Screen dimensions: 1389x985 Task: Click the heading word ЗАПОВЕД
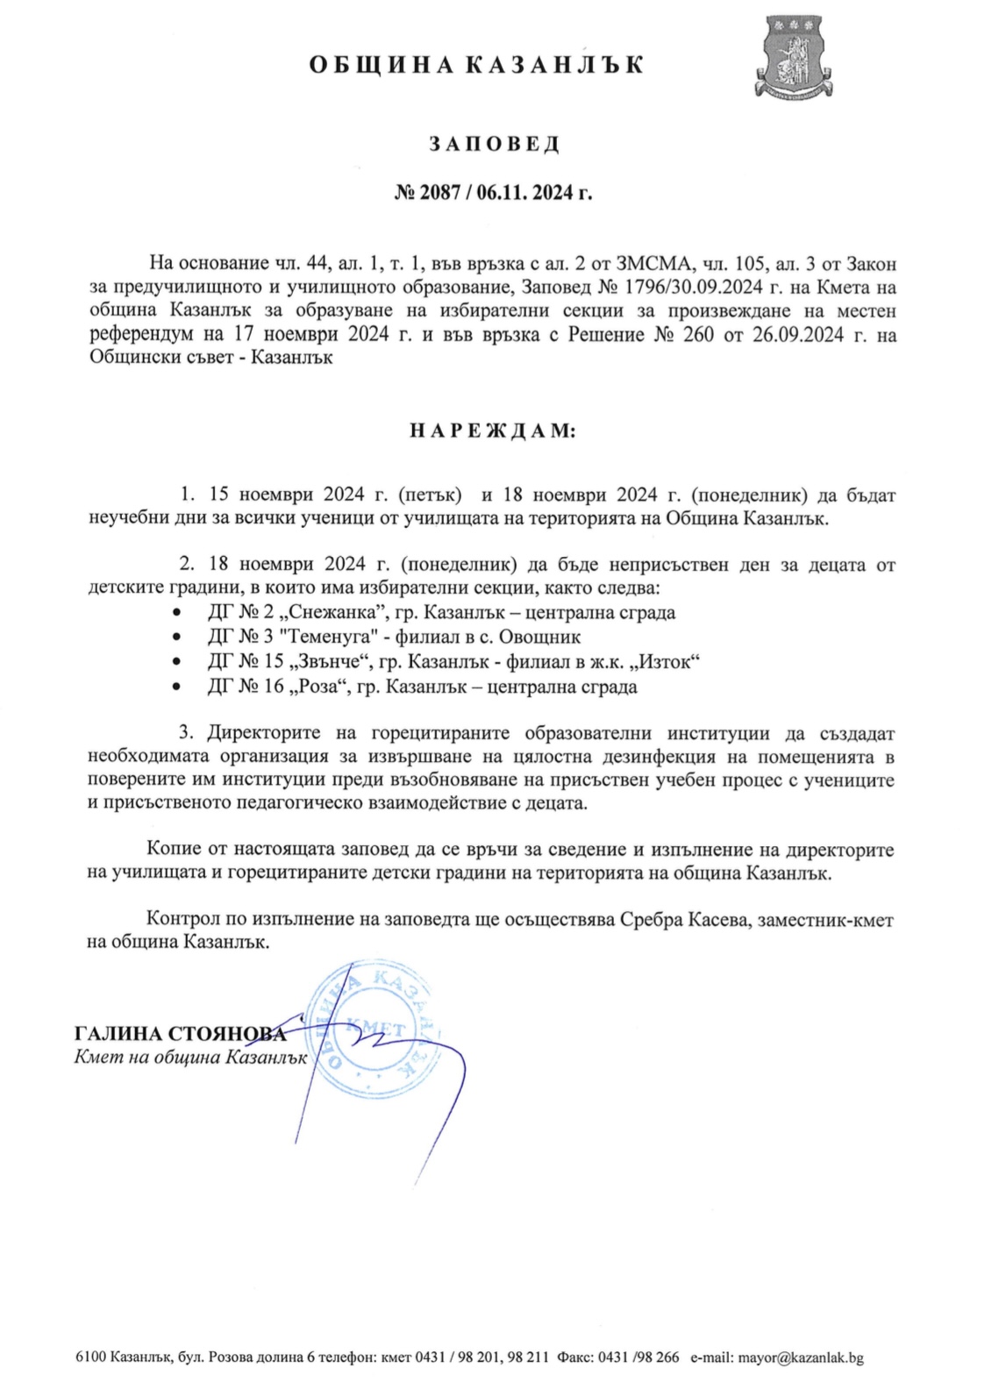pos(493,144)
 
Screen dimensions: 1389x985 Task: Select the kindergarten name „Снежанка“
pos(338,613)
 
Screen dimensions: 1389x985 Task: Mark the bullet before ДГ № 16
pos(179,687)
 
